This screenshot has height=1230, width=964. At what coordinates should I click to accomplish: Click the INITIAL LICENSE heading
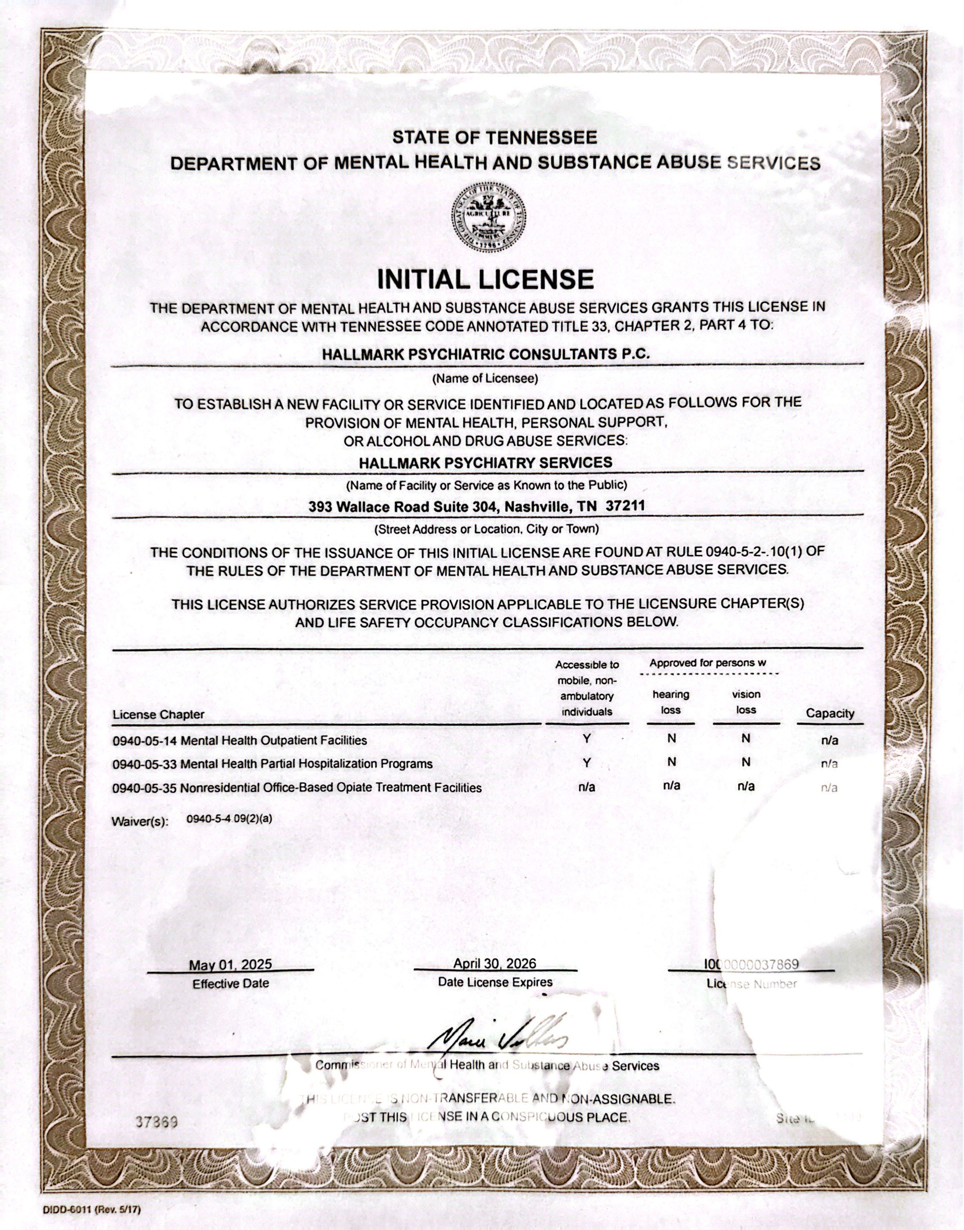pos(485,280)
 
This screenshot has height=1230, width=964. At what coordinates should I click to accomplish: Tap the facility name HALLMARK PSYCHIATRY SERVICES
pos(485,462)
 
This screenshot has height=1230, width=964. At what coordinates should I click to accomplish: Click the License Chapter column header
pos(158,714)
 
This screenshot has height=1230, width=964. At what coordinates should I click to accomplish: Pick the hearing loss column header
pos(671,702)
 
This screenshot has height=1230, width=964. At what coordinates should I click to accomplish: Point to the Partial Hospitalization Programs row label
pos(273,764)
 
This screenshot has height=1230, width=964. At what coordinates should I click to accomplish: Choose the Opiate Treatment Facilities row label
pos(297,788)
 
